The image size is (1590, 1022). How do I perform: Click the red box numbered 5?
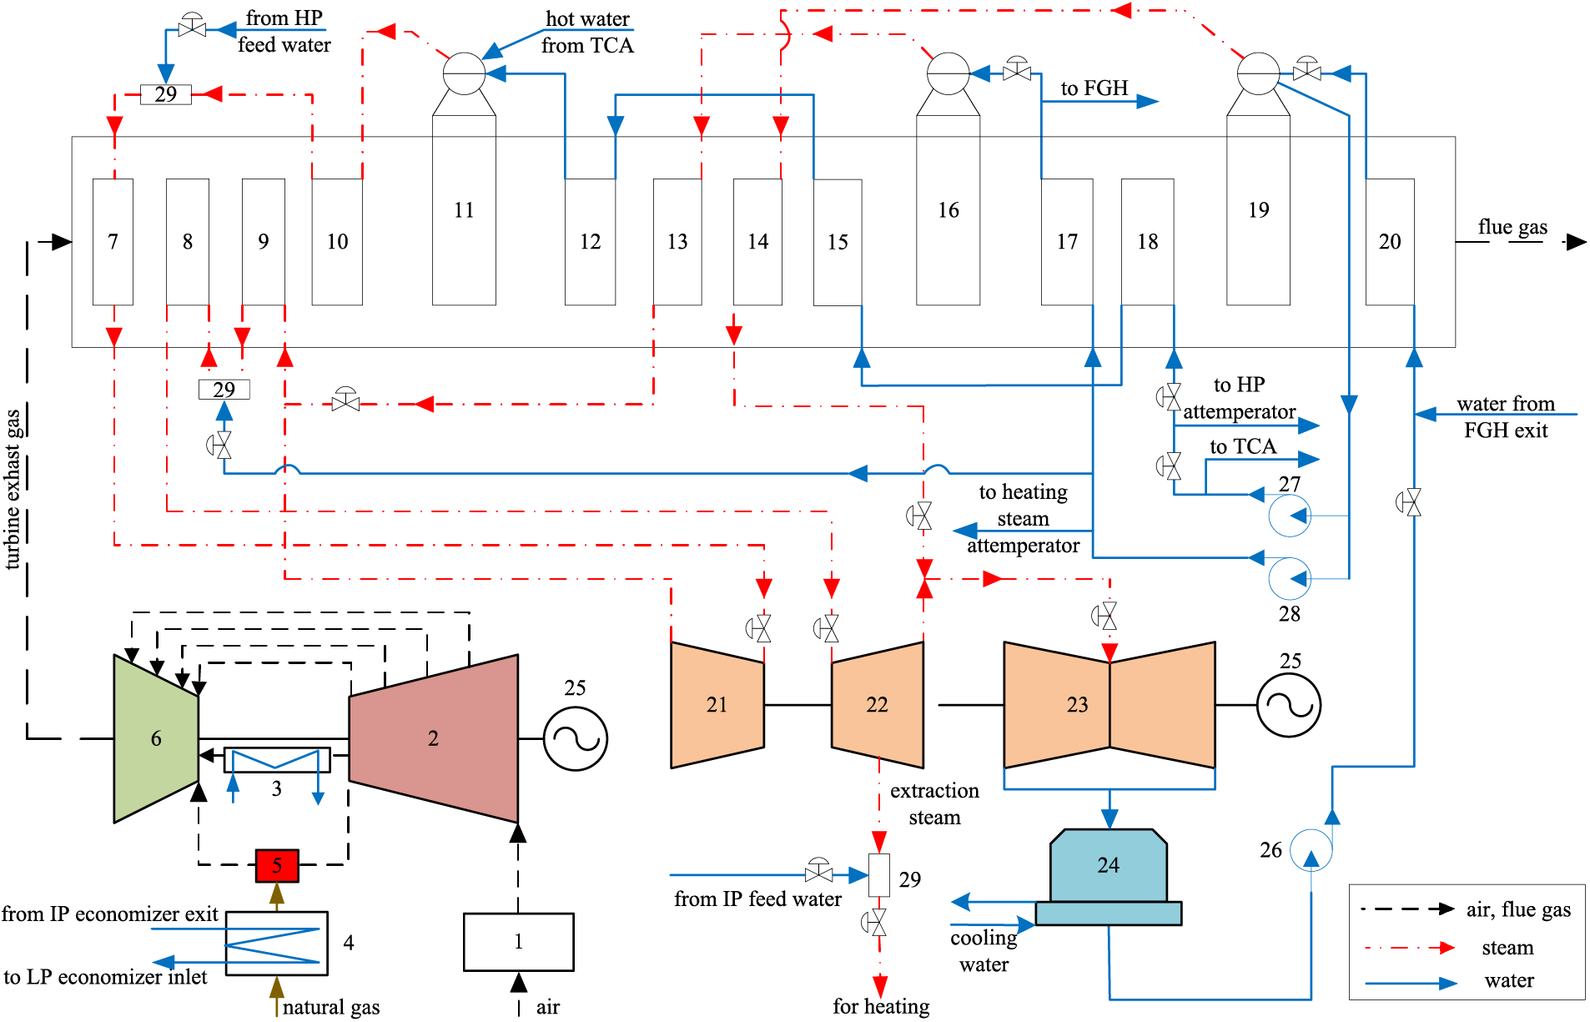pos(277,865)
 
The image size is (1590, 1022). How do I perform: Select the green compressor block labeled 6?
pos(156,738)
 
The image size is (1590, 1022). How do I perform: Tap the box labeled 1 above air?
pos(518,942)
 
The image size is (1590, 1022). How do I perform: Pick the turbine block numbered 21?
pos(717,705)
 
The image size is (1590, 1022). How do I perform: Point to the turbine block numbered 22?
pos(878,705)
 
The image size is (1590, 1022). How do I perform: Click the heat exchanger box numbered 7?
pos(113,242)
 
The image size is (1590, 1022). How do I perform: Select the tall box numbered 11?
pos(464,210)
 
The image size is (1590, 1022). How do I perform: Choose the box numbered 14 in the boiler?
pos(757,242)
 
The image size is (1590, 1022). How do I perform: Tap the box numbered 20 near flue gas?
pos(1390,242)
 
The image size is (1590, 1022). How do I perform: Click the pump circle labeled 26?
pos(1311,850)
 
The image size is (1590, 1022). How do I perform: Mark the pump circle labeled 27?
pos(1289,515)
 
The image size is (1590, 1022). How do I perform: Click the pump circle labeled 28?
pos(1289,578)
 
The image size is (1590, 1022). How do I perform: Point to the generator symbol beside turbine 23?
pos(1289,706)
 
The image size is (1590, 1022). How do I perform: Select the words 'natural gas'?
pos(330,1007)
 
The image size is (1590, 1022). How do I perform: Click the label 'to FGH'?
pos(1094,88)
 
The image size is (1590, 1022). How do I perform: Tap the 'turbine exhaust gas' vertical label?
pos(13,489)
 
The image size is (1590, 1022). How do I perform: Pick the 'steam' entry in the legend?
pos(1507,948)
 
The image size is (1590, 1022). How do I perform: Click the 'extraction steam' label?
pos(934,803)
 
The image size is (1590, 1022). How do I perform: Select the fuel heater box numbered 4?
pos(276,943)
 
